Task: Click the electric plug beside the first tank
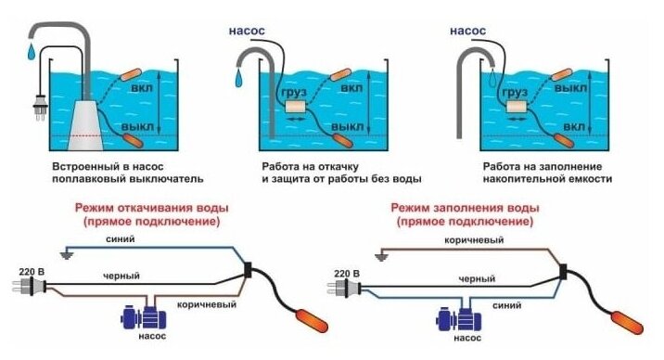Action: [x=39, y=107]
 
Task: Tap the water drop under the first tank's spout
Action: [x=32, y=52]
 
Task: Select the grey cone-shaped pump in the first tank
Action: [x=85, y=125]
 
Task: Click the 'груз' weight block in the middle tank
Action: [x=296, y=106]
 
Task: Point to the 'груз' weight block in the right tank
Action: [x=517, y=106]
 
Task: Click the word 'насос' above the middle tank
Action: [x=247, y=31]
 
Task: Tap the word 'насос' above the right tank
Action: [x=467, y=31]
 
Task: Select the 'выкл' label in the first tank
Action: [x=137, y=126]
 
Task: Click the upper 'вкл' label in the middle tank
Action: [x=351, y=88]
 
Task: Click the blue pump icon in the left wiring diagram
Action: [x=144, y=316]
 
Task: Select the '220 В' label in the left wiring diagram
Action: [x=32, y=272]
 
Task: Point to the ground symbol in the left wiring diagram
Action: [x=67, y=254]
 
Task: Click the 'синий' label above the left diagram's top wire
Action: [x=121, y=238]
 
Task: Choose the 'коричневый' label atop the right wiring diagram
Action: [x=474, y=240]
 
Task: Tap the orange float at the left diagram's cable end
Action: [x=312, y=321]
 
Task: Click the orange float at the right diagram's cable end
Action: [x=626, y=322]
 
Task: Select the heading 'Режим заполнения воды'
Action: [x=465, y=208]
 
